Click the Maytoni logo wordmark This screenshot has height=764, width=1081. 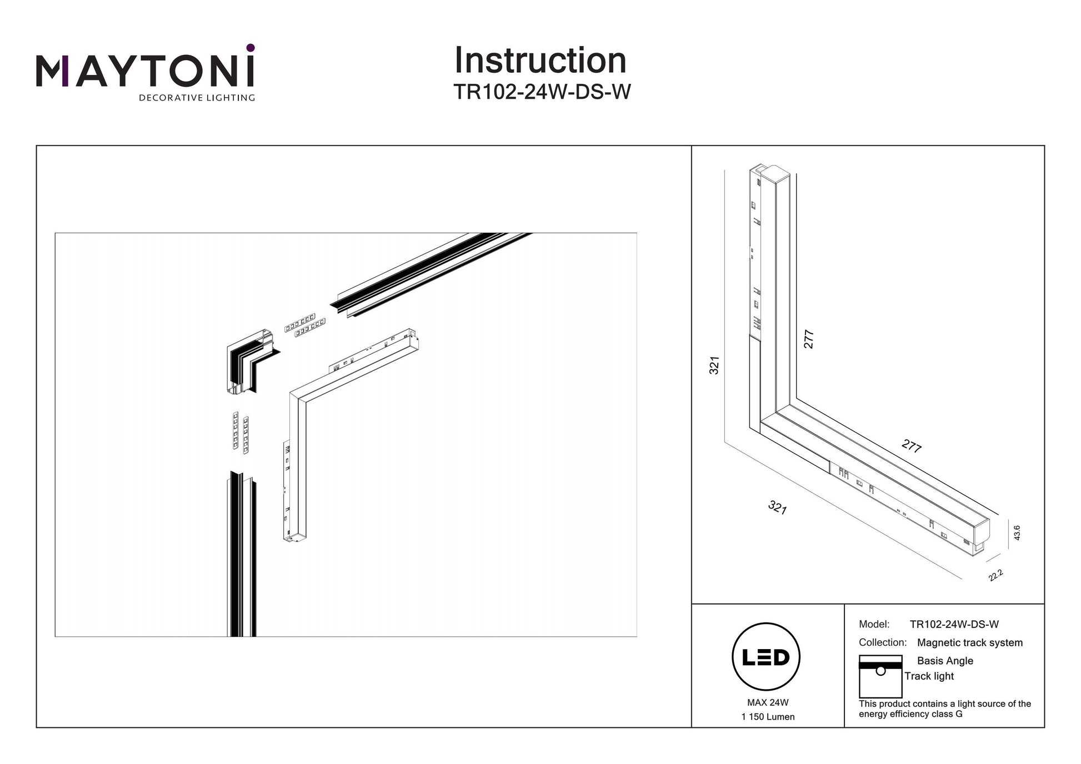(x=146, y=71)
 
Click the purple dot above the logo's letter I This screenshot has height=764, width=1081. (x=251, y=48)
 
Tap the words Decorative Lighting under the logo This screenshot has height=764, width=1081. (x=197, y=98)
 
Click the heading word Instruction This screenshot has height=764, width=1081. (x=540, y=61)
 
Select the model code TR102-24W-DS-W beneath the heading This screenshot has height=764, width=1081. (x=542, y=92)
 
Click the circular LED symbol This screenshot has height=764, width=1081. (x=766, y=656)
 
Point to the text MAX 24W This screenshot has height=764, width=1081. (x=768, y=702)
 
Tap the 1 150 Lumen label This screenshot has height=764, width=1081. (x=768, y=717)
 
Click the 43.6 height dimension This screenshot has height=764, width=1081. (x=1017, y=533)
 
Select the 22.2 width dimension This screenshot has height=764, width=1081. (x=995, y=576)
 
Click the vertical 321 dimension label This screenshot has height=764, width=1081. (x=714, y=365)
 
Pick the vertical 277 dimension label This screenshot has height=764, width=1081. (x=809, y=339)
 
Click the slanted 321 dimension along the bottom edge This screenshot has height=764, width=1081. (x=777, y=507)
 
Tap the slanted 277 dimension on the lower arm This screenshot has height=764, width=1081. (x=912, y=446)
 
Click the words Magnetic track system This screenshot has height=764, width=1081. (x=969, y=642)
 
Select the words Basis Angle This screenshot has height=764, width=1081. (x=945, y=661)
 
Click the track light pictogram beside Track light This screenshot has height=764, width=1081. (x=880, y=677)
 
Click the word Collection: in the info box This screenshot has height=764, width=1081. (x=883, y=642)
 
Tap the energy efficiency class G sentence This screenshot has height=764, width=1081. (x=944, y=709)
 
